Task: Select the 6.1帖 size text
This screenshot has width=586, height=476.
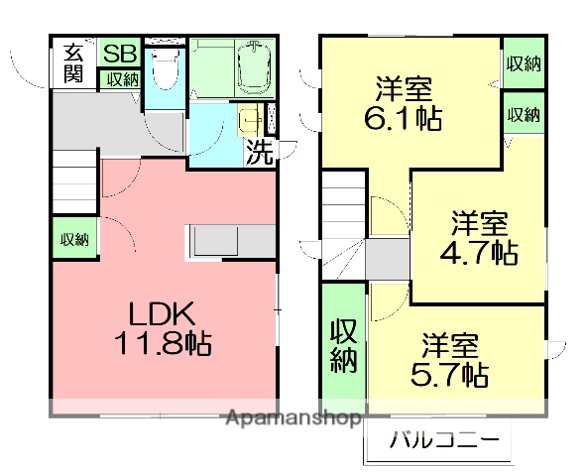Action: (x=403, y=119)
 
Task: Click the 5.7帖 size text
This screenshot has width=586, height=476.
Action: (x=448, y=375)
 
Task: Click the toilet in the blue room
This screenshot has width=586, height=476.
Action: (x=166, y=71)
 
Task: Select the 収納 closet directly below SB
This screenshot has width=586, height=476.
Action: (x=121, y=79)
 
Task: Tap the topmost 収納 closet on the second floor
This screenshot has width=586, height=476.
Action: (x=523, y=64)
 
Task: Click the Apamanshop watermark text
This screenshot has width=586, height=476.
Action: (x=293, y=418)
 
